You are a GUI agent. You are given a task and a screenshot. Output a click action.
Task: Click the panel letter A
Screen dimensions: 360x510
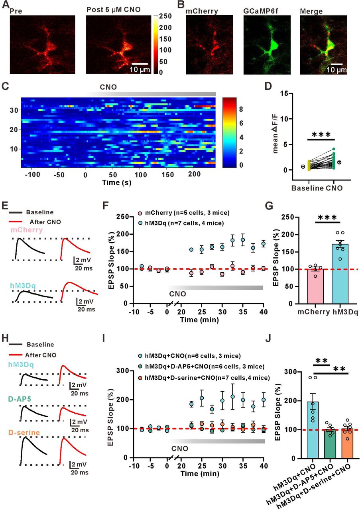point(6,5)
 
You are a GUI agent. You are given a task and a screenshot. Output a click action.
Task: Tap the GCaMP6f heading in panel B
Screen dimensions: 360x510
point(261,11)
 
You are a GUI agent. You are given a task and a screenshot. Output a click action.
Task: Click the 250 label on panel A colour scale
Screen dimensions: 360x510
point(165,16)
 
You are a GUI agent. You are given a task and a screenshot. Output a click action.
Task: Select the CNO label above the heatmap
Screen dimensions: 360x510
point(108,87)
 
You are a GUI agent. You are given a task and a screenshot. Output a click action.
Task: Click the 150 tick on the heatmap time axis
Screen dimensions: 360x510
point(168,175)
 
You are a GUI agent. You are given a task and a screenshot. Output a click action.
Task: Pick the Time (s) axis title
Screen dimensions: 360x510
point(117,182)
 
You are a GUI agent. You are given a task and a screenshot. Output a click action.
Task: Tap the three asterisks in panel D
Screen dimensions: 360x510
point(321,134)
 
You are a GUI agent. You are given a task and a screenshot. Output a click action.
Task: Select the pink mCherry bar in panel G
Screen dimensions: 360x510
point(315,286)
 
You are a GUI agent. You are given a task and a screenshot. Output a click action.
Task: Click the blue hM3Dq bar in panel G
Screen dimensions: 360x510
point(340,274)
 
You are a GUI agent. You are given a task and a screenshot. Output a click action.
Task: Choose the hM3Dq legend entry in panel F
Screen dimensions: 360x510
point(181,223)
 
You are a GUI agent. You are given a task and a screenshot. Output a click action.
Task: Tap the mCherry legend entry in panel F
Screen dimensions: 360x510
point(184,213)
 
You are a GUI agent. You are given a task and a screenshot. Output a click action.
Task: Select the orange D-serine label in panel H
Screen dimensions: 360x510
point(24,432)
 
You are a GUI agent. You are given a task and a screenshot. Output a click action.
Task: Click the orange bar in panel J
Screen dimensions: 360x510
point(347,443)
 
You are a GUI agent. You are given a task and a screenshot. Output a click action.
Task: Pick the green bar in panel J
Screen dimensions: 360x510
point(330,444)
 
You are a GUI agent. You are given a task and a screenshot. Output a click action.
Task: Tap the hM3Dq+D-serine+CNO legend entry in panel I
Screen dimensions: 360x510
point(204,378)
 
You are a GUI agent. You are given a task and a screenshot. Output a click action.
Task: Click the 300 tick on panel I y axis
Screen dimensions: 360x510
point(124,371)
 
